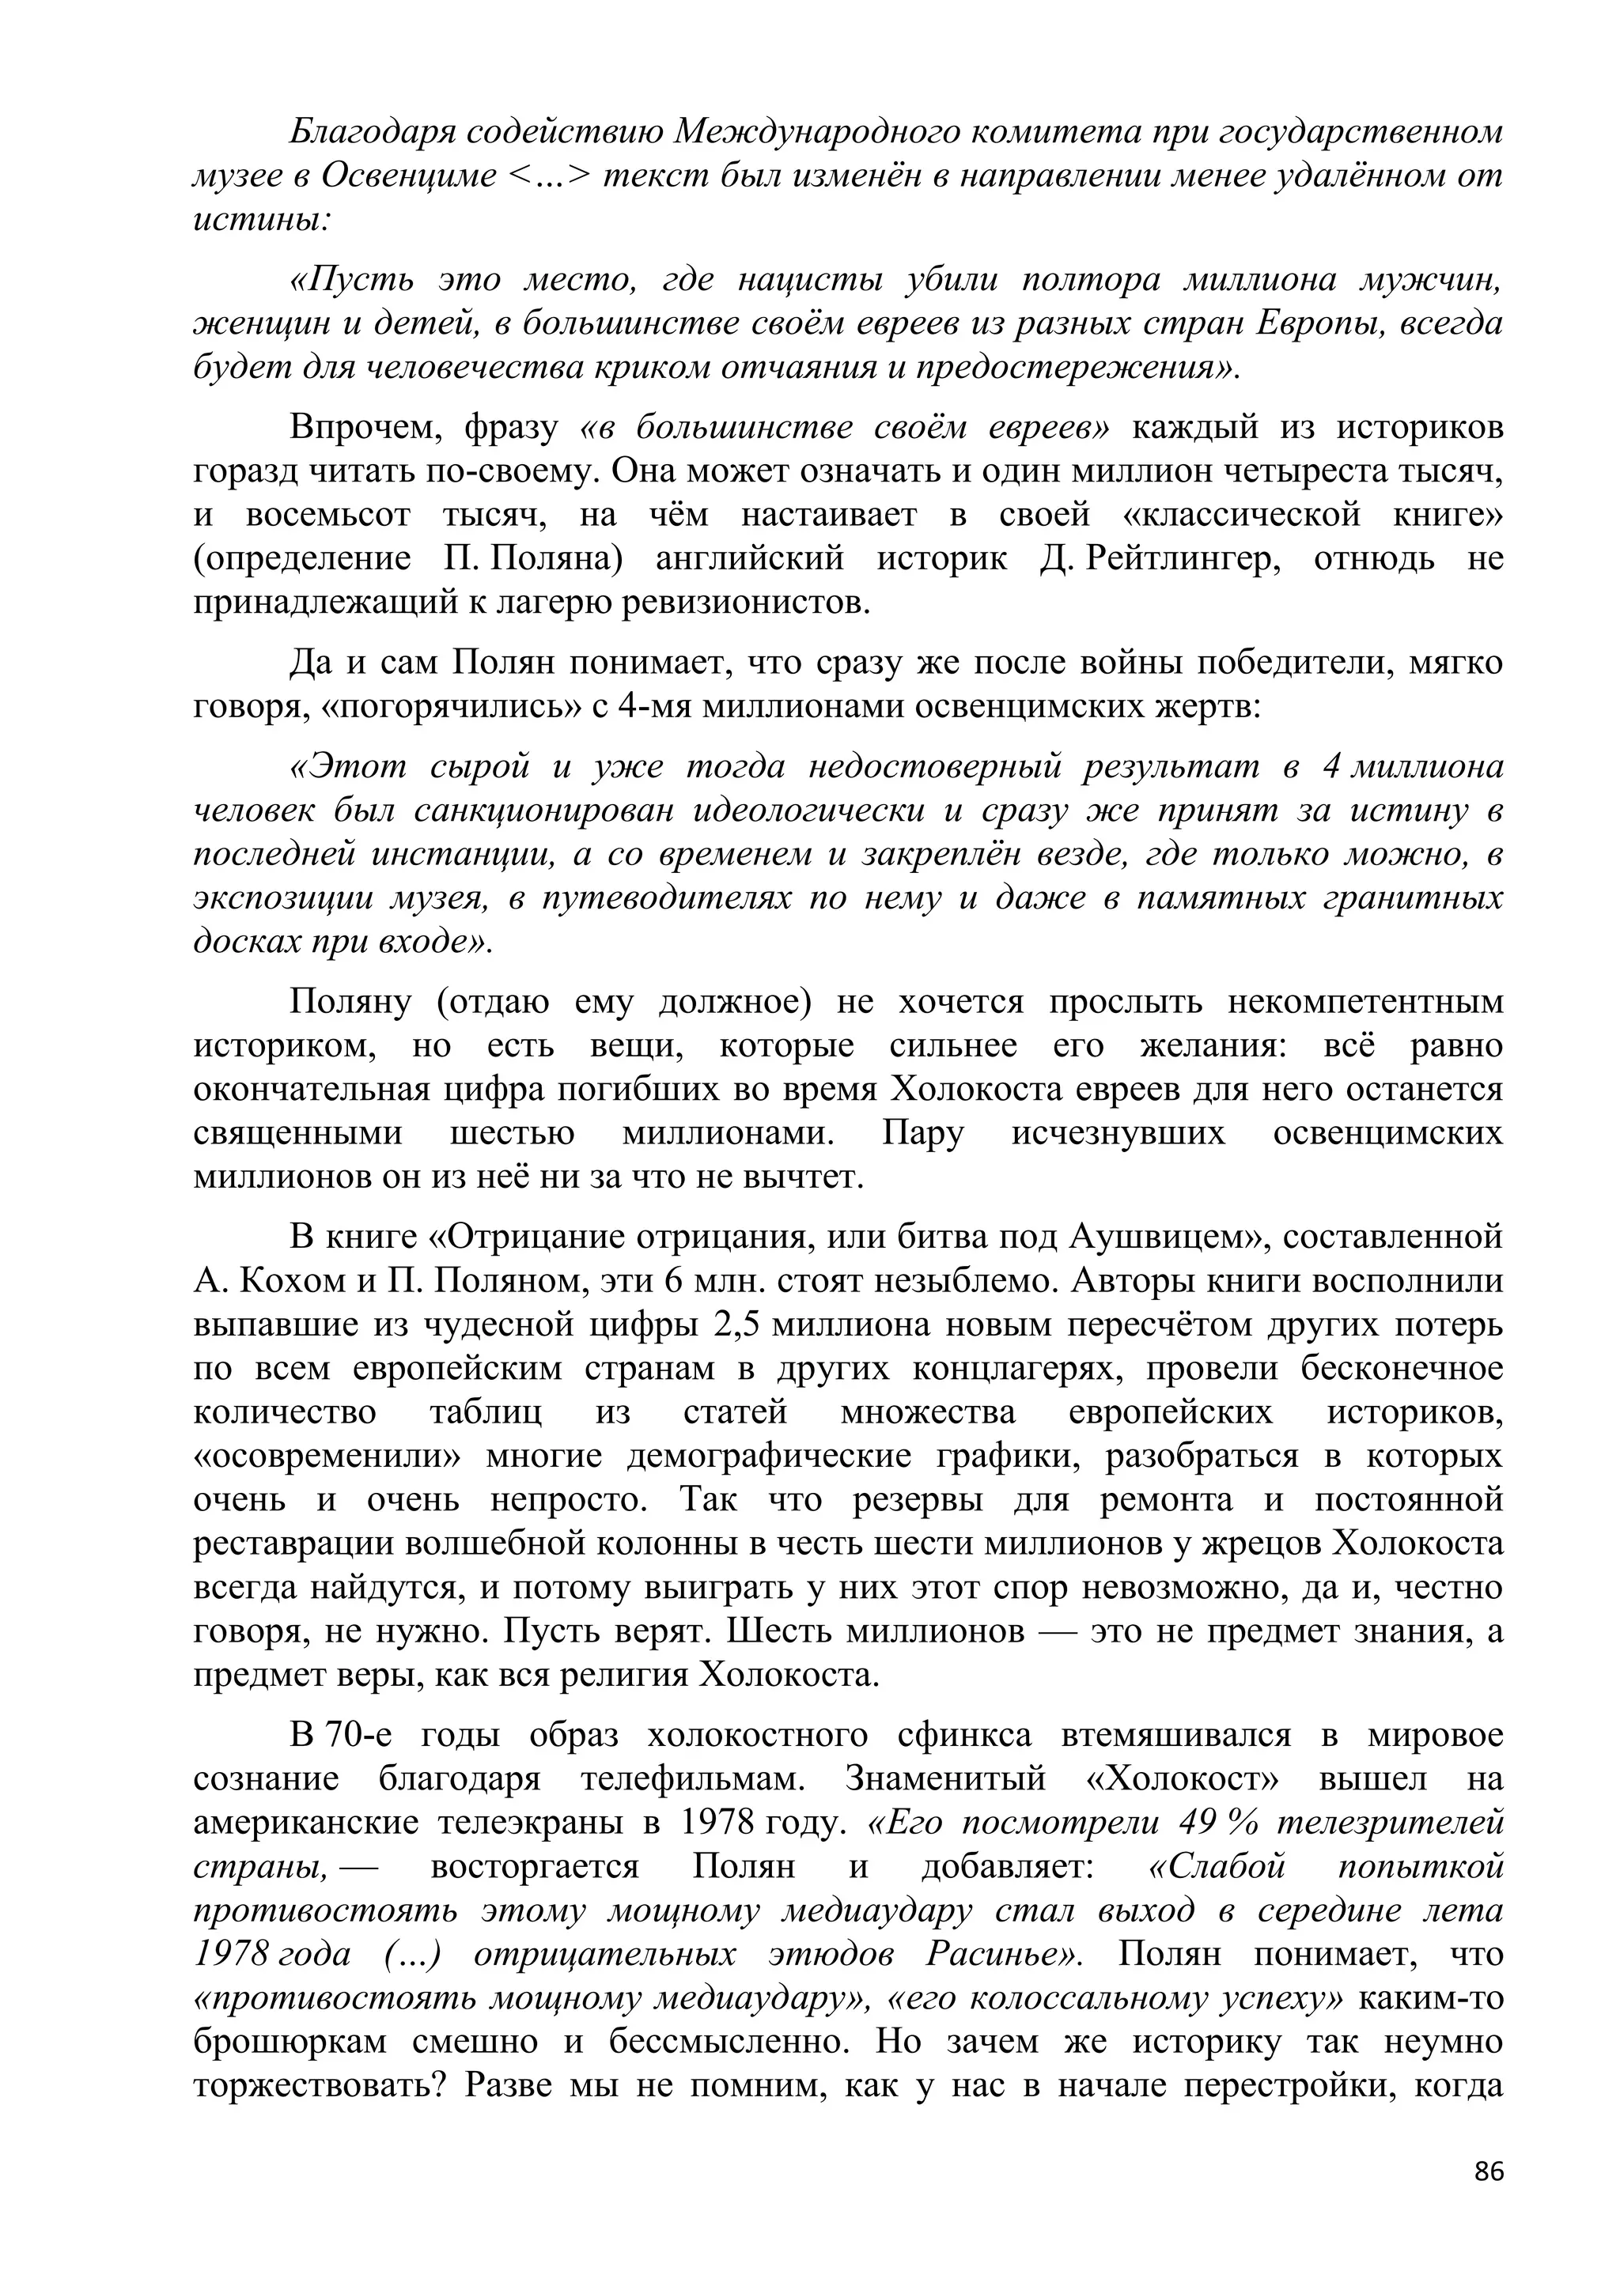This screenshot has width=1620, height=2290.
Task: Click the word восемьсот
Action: (x=326, y=514)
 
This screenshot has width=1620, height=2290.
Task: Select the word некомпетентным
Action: (x=1364, y=1001)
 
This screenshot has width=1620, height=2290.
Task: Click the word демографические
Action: (x=768, y=1457)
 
